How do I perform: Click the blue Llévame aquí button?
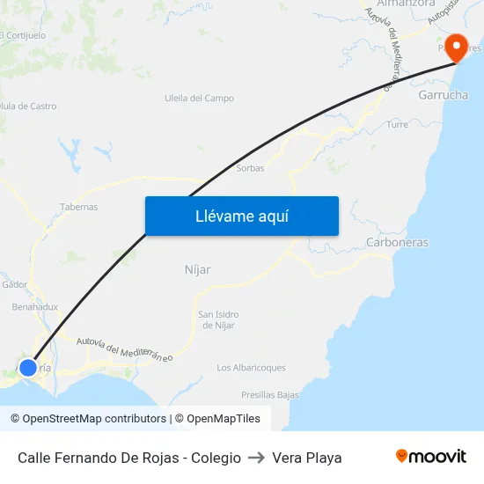click(x=241, y=216)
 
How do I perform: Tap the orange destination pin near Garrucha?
click(x=457, y=47)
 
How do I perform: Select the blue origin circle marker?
click(x=28, y=367)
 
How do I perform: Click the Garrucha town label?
click(x=444, y=94)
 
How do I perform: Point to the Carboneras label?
click(x=397, y=242)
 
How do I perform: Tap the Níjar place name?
click(x=198, y=269)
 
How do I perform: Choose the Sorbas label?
click(x=251, y=168)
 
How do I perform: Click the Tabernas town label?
click(x=78, y=207)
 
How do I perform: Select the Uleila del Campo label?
click(x=199, y=98)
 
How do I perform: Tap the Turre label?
click(x=398, y=125)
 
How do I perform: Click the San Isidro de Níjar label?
click(x=218, y=319)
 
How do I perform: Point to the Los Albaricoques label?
click(x=251, y=368)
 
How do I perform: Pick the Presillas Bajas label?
click(x=270, y=395)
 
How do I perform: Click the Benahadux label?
click(x=35, y=307)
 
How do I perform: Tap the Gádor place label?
click(x=15, y=284)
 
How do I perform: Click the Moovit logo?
click(x=431, y=457)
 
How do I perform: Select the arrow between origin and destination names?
click(x=256, y=458)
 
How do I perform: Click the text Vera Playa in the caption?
click(x=307, y=458)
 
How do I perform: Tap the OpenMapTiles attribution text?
click(x=217, y=419)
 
